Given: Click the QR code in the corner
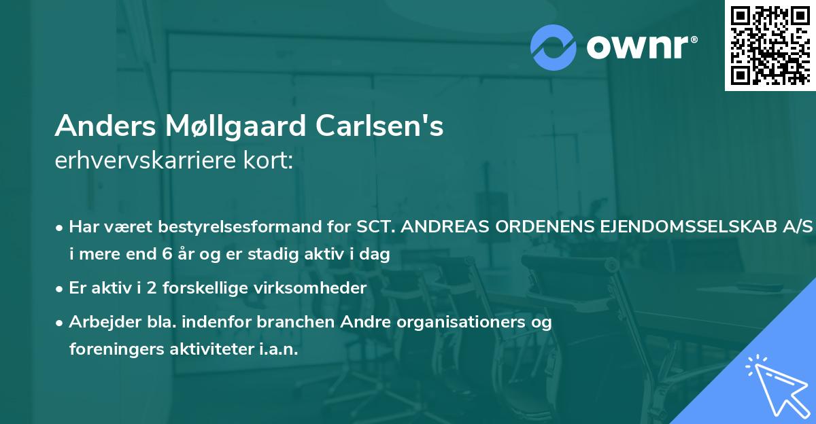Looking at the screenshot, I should pyautogui.click(x=770, y=45).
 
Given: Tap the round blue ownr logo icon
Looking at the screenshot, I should pyautogui.click(x=554, y=46).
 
